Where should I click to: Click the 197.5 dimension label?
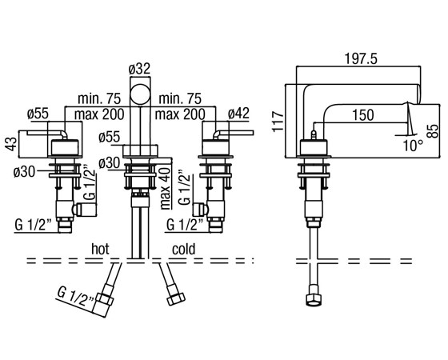coord(361,59)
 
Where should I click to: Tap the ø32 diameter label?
coord(139,69)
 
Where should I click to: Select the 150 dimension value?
coord(363,115)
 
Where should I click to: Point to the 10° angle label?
coord(414,146)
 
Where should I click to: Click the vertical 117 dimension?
coord(278,122)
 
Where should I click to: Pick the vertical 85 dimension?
coord(434,131)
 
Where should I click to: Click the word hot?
coord(100,249)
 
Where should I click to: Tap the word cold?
coord(184,249)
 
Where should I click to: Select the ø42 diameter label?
coord(238,114)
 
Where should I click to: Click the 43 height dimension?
coord(10,143)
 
